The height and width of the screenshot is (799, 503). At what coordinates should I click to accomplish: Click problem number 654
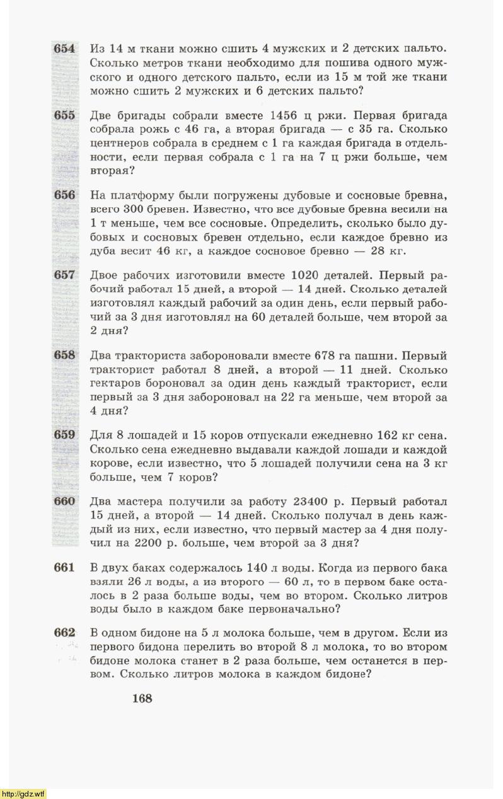click(64, 49)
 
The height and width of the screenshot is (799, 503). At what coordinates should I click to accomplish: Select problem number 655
click(64, 115)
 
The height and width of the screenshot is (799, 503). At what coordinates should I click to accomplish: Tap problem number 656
click(64, 195)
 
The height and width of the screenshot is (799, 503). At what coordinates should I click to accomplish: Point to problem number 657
click(64, 275)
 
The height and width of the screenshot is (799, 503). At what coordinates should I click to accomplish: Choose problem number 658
click(64, 355)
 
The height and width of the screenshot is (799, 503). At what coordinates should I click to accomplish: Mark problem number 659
click(64, 434)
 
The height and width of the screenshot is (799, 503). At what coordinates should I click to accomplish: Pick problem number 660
click(64, 502)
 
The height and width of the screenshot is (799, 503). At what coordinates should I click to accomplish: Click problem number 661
click(64, 568)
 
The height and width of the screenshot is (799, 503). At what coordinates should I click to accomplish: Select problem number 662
click(64, 633)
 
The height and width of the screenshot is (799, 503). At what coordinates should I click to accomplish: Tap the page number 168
click(142, 698)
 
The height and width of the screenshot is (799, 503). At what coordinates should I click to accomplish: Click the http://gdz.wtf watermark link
click(24, 793)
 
